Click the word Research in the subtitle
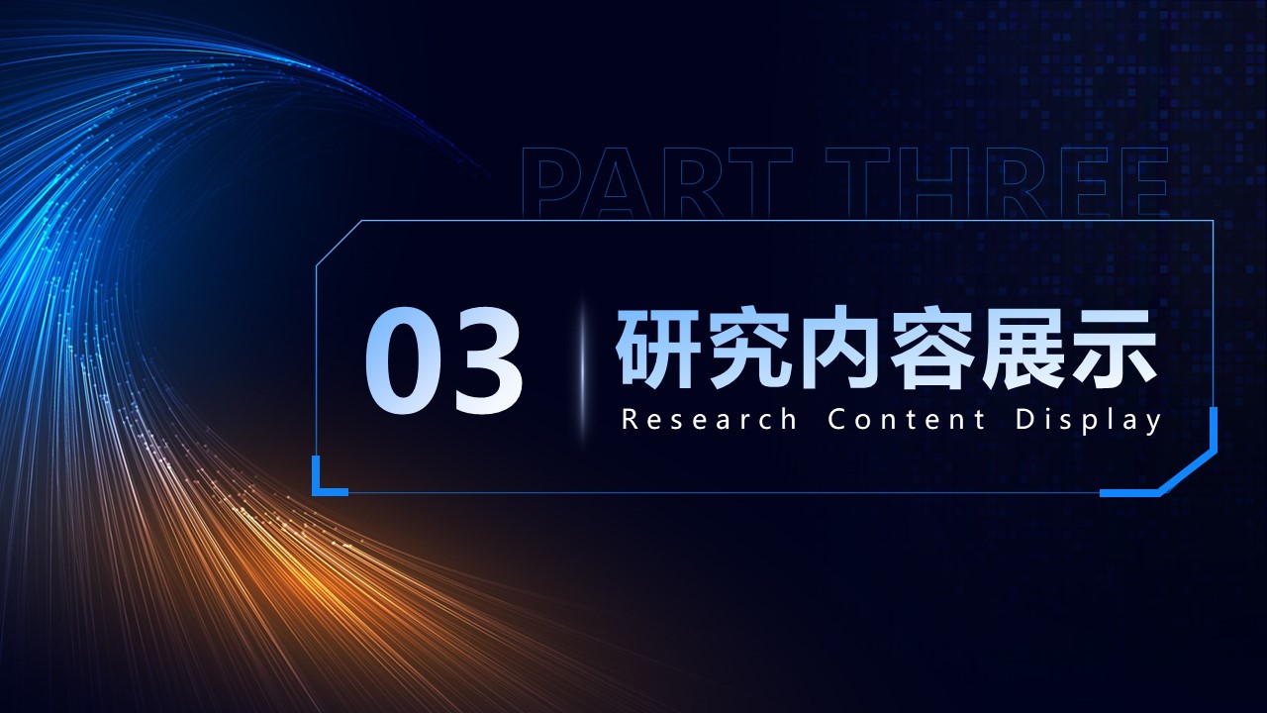pos(710,419)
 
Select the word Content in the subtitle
pos(906,419)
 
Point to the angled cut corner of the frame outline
pos(339,244)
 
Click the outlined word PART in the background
pos(657,182)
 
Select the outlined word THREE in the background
pos(997,182)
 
